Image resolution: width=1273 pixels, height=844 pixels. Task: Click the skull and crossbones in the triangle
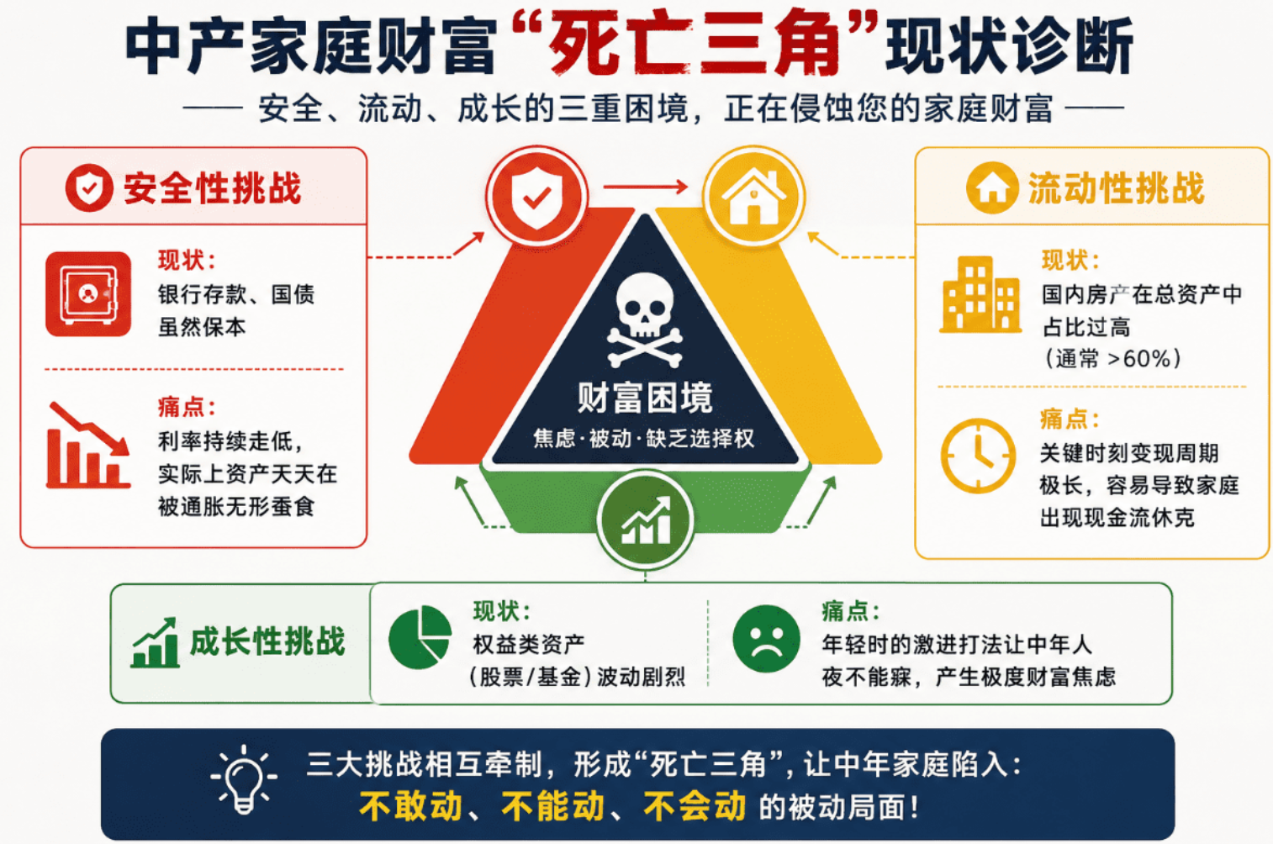(644, 319)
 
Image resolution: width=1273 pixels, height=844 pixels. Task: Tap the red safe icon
(88, 294)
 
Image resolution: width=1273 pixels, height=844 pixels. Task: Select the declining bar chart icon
(88, 445)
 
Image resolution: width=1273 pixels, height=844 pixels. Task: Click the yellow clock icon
(978, 456)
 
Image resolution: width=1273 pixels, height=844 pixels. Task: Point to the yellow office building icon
(980, 294)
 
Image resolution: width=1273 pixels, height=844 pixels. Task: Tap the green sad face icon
(766, 639)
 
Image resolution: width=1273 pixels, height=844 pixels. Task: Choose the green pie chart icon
(420, 636)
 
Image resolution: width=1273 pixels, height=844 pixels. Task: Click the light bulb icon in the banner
(244, 778)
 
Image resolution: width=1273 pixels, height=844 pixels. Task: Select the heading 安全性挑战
(212, 188)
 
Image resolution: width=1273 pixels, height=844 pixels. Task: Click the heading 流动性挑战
(1116, 188)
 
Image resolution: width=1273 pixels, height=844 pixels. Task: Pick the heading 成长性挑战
(267, 642)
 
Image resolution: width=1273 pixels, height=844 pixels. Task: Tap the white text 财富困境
(644, 398)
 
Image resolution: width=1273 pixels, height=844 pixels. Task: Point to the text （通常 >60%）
(1113, 359)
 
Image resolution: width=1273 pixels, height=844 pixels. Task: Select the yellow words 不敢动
(410, 806)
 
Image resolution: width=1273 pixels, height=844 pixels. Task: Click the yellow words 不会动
(695, 806)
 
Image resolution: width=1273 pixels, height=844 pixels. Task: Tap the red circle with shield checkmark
(536, 196)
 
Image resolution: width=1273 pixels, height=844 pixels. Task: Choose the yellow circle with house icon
(753, 196)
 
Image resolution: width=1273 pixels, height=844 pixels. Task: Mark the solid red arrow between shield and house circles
(646, 187)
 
